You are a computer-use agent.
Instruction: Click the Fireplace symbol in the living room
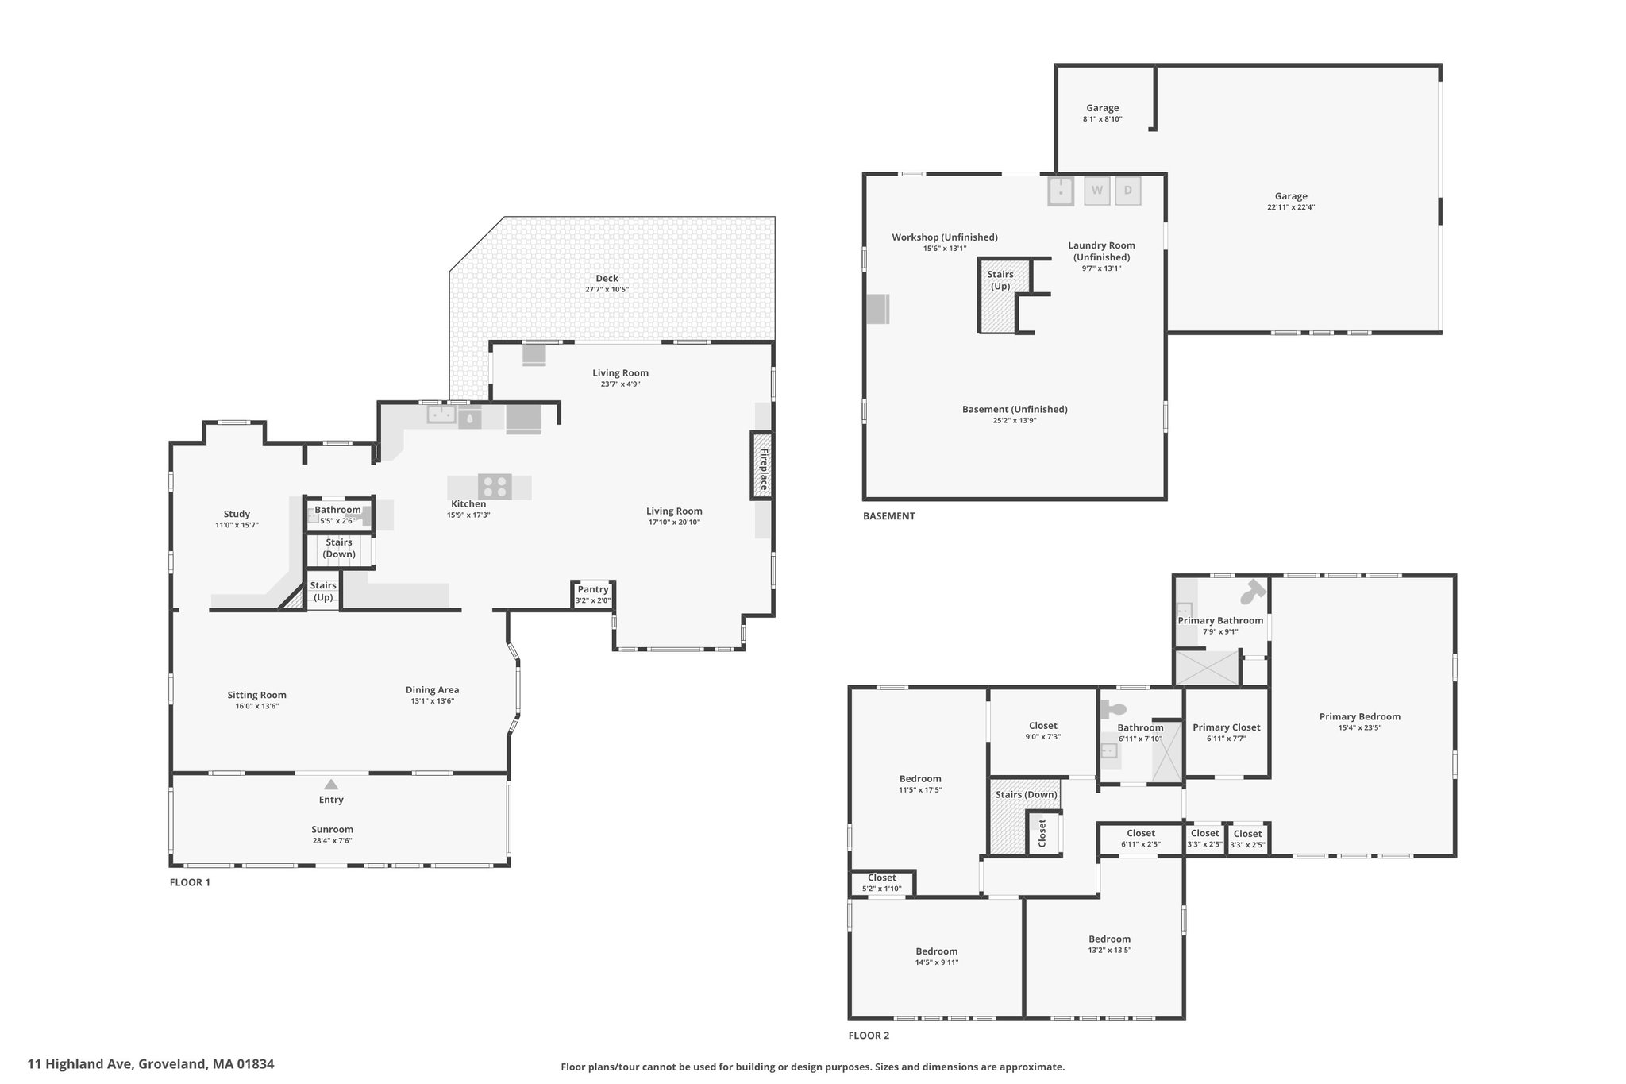tap(762, 465)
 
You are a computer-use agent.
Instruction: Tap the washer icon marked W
tap(1096, 191)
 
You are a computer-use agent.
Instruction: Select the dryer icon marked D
tap(1128, 191)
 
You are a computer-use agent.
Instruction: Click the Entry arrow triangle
tap(331, 785)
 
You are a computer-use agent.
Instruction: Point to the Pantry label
tap(593, 589)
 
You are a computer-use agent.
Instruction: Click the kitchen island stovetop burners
tap(495, 485)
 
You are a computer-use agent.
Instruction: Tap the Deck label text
tap(607, 278)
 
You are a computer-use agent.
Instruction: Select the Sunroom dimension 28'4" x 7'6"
tap(332, 840)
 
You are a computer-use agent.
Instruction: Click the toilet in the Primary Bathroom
tap(1251, 592)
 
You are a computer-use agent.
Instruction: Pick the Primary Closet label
tap(1227, 727)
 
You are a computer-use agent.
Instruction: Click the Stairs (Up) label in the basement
tap(1000, 280)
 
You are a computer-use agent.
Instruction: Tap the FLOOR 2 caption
tap(869, 1036)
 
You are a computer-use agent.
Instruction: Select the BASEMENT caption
tap(889, 516)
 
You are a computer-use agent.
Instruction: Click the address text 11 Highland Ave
tap(80, 1064)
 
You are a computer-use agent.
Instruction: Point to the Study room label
tap(237, 514)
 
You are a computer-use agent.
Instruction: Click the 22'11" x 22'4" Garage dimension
tap(1291, 207)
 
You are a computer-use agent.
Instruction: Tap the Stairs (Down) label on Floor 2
tap(1027, 794)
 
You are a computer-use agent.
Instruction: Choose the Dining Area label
tap(433, 690)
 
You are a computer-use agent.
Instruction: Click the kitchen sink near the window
tap(441, 414)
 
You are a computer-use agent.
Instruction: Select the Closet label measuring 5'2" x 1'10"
tap(882, 878)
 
